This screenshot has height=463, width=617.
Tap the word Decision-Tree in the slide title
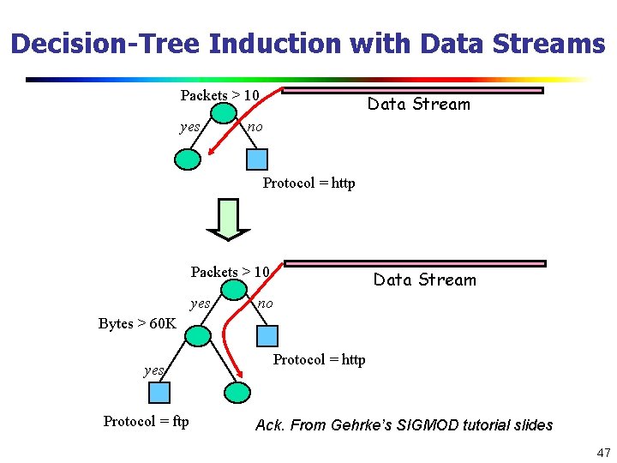(x=105, y=43)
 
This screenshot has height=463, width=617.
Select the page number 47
(x=602, y=452)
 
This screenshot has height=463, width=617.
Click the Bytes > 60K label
(x=137, y=323)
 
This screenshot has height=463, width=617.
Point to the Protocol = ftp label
(x=146, y=421)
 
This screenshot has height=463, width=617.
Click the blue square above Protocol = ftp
(x=159, y=393)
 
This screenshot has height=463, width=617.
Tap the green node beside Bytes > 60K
(x=198, y=335)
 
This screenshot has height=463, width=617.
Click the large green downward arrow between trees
(x=229, y=219)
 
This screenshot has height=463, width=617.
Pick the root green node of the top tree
(x=225, y=114)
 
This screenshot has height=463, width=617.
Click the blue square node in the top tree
(x=256, y=159)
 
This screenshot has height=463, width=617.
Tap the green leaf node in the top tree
(x=188, y=159)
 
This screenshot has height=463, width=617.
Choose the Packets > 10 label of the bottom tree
(x=230, y=272)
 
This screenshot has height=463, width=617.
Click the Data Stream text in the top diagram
(x=419, y=105)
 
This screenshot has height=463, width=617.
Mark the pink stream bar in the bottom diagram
(x=415, y=263)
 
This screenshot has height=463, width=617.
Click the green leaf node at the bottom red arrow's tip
(x=237, y=393)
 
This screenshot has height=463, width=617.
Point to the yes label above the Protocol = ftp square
(x=154, y=370)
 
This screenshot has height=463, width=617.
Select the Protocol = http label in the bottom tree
(x=319, y=359)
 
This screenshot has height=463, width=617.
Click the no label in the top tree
(x=255, y=128)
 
